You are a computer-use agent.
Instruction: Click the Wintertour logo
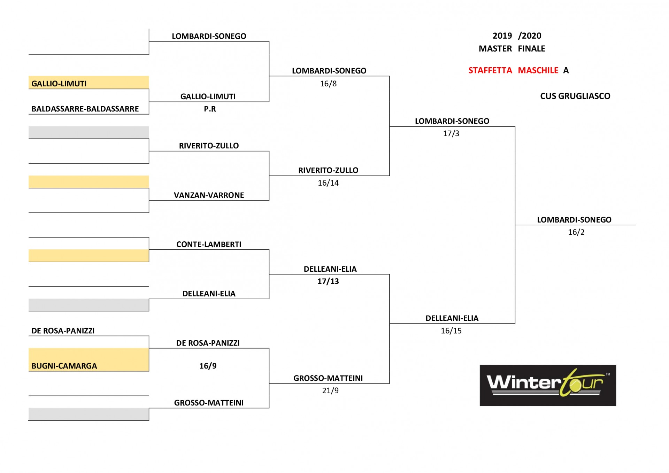pyautogui.click(x=548, y=385)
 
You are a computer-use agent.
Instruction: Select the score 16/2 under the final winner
pyautogui.click(x=576, y=232)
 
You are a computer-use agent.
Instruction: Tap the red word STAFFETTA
pyautogui.click(x=490, y=70)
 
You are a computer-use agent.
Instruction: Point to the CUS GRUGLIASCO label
pyautogui.click(x=575, y=96)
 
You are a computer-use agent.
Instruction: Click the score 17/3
pyautogui.click(x=451, y=133)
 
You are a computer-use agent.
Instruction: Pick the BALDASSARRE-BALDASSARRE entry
pyautogui.click(x=85, y=109)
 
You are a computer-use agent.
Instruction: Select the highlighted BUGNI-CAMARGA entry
pyautogui.click(x=64, y=366)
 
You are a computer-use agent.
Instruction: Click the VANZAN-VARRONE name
pyautogui.click(x=209, y=195)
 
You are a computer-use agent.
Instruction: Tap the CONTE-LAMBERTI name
pyautogui.click(x=209, y=245)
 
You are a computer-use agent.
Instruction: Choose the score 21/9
pyautogui.click(x=330, y=390)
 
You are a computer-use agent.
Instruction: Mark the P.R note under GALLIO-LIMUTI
pyautogui.click(x=210, y=109)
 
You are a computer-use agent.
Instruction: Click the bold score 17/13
pyautogui.click(x=328, y=281)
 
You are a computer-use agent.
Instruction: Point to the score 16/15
pyautogui.click(x=451, y=331)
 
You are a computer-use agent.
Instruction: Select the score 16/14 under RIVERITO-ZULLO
pyautogui.click(x=328, y=183)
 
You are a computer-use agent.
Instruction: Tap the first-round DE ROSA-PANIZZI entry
pyautogui.click(x=63, y=331)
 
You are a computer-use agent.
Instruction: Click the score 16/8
pyautogui.click(x=328, y=84)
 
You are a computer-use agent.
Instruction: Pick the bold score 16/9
pyautogui.click(x=208, y=366)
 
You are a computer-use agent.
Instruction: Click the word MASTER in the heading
pyautogui.click(x=495, y=49)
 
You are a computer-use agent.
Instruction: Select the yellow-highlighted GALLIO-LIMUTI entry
pyautogui.click(x=59, y=84)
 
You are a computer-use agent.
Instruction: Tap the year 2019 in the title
pyautogui.click(x=502, y=36)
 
